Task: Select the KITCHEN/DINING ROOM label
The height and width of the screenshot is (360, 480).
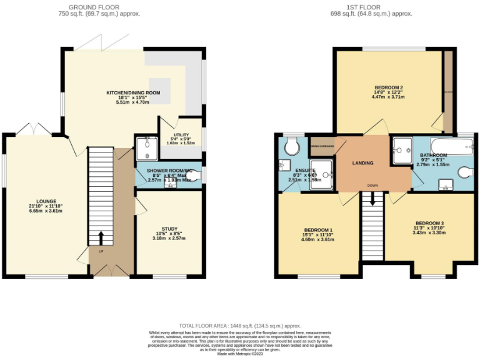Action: coord(133,92)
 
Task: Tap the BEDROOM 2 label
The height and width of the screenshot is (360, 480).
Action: coord(388,87)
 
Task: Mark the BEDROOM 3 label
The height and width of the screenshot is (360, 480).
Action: coord(429,223)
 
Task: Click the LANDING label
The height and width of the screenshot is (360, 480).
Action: coord(362,163)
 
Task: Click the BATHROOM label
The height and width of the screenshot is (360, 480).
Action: coord(433,155)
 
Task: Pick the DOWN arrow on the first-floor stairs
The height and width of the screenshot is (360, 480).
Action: coord(373,198)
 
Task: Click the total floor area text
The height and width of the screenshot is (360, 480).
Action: coord(240,326)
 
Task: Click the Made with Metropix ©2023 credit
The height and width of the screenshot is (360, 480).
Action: coord(240,354)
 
